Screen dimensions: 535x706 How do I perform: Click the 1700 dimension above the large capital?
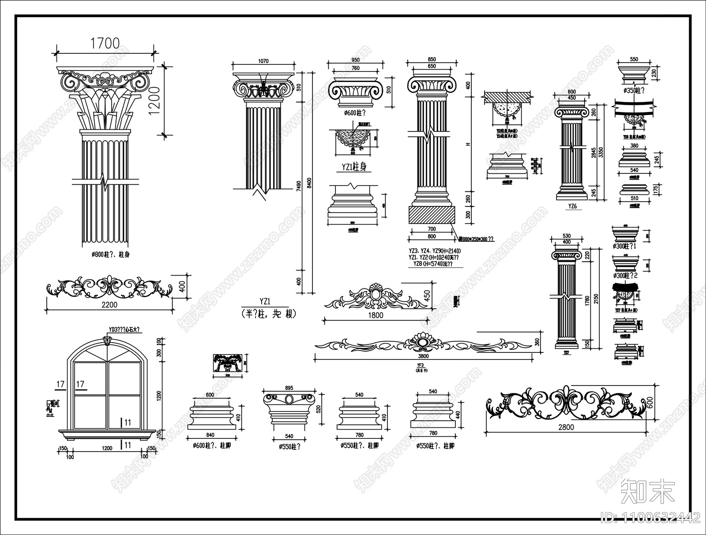point(105,43)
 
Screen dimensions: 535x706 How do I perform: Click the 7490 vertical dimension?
point(299,184)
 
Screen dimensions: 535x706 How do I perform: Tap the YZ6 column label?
point(572,206)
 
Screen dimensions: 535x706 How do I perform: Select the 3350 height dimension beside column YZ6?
point(601,152)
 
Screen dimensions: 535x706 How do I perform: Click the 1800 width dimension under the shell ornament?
point(376,315)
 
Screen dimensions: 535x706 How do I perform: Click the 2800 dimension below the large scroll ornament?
point(566,427)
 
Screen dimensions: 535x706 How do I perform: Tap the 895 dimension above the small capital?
point(289,388)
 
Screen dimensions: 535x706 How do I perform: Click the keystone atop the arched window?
point(107,340)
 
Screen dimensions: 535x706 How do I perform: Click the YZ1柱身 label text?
point(354,167)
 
